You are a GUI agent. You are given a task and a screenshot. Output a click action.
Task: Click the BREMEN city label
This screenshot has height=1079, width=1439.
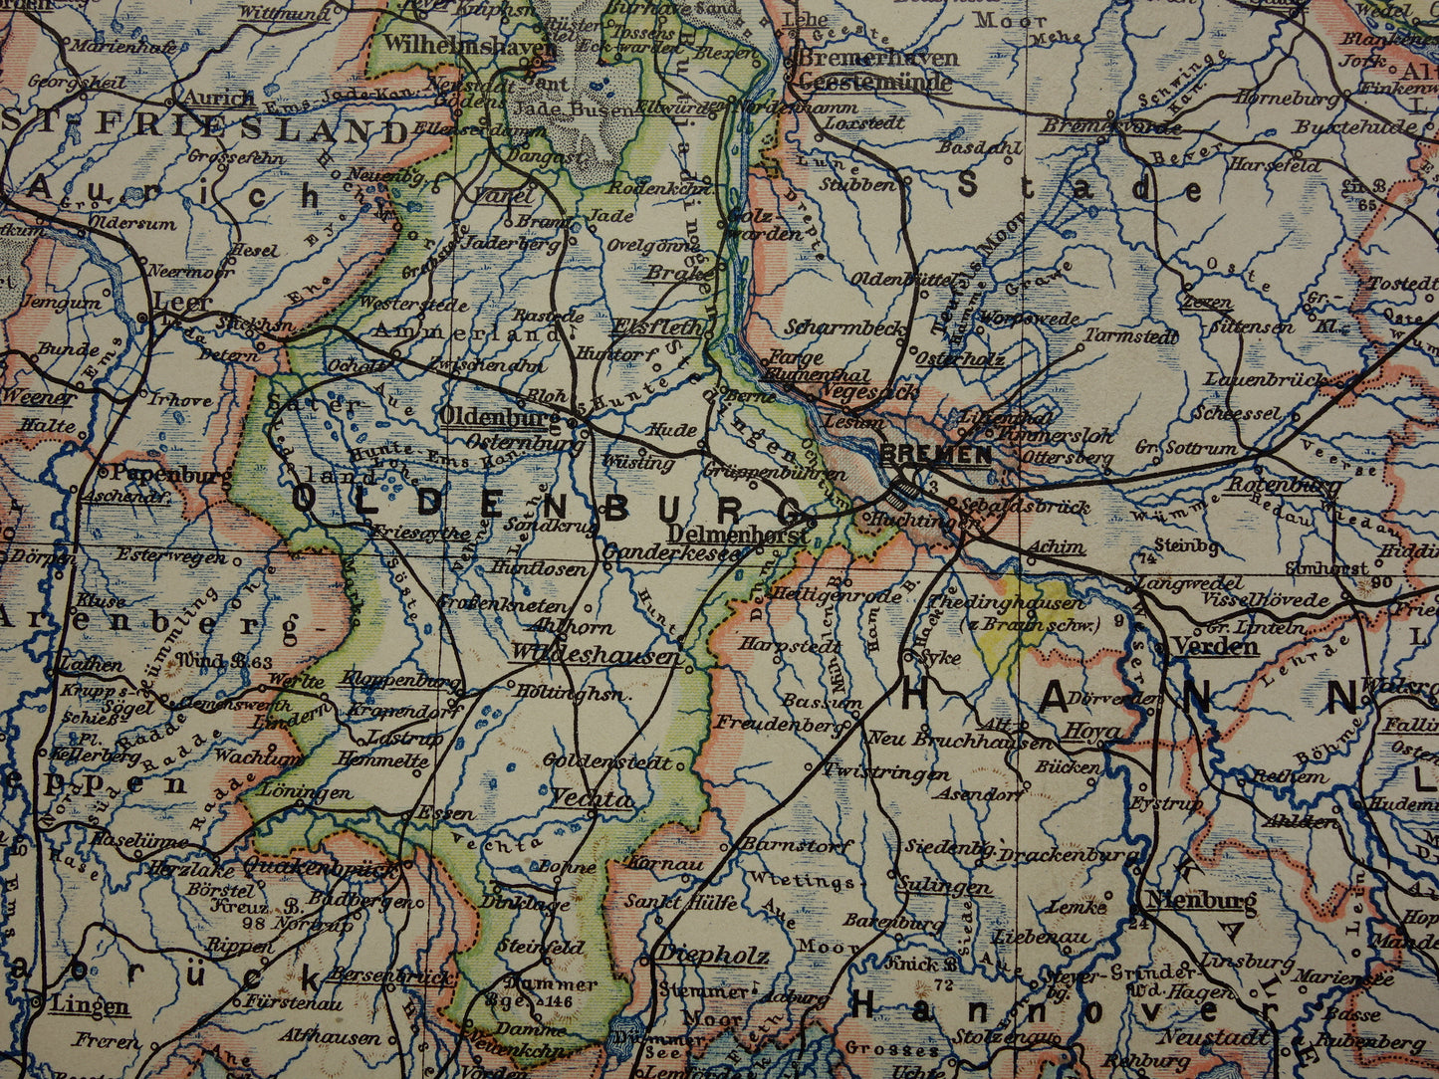[x=936, y=455]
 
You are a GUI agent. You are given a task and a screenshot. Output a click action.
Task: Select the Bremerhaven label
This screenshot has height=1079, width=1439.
[x=877, y=58]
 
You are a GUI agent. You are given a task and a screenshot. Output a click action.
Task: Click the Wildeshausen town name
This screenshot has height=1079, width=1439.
[x=595, y=655]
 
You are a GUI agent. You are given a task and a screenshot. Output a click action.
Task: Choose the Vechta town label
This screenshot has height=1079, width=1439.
[x=591, y=799]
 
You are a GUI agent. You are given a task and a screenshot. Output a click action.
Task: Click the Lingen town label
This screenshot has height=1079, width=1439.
[x=90, y=1005]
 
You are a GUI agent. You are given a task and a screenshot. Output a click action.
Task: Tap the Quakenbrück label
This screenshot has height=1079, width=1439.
[x=318, y=867]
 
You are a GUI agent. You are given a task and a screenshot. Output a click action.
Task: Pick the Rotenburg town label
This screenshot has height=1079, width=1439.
[x=1283, y=486]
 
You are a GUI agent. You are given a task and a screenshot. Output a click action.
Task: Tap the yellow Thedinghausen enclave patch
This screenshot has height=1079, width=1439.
[x=1006, y=637]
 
